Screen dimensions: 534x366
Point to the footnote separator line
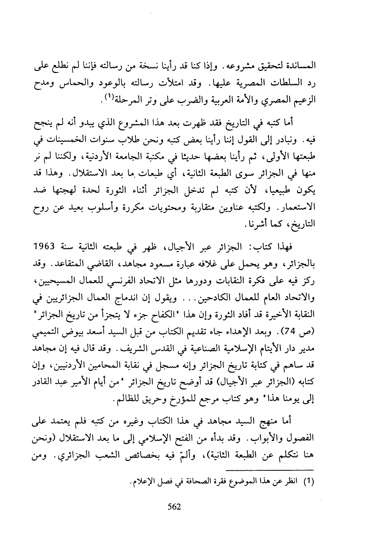click(270, 471)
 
